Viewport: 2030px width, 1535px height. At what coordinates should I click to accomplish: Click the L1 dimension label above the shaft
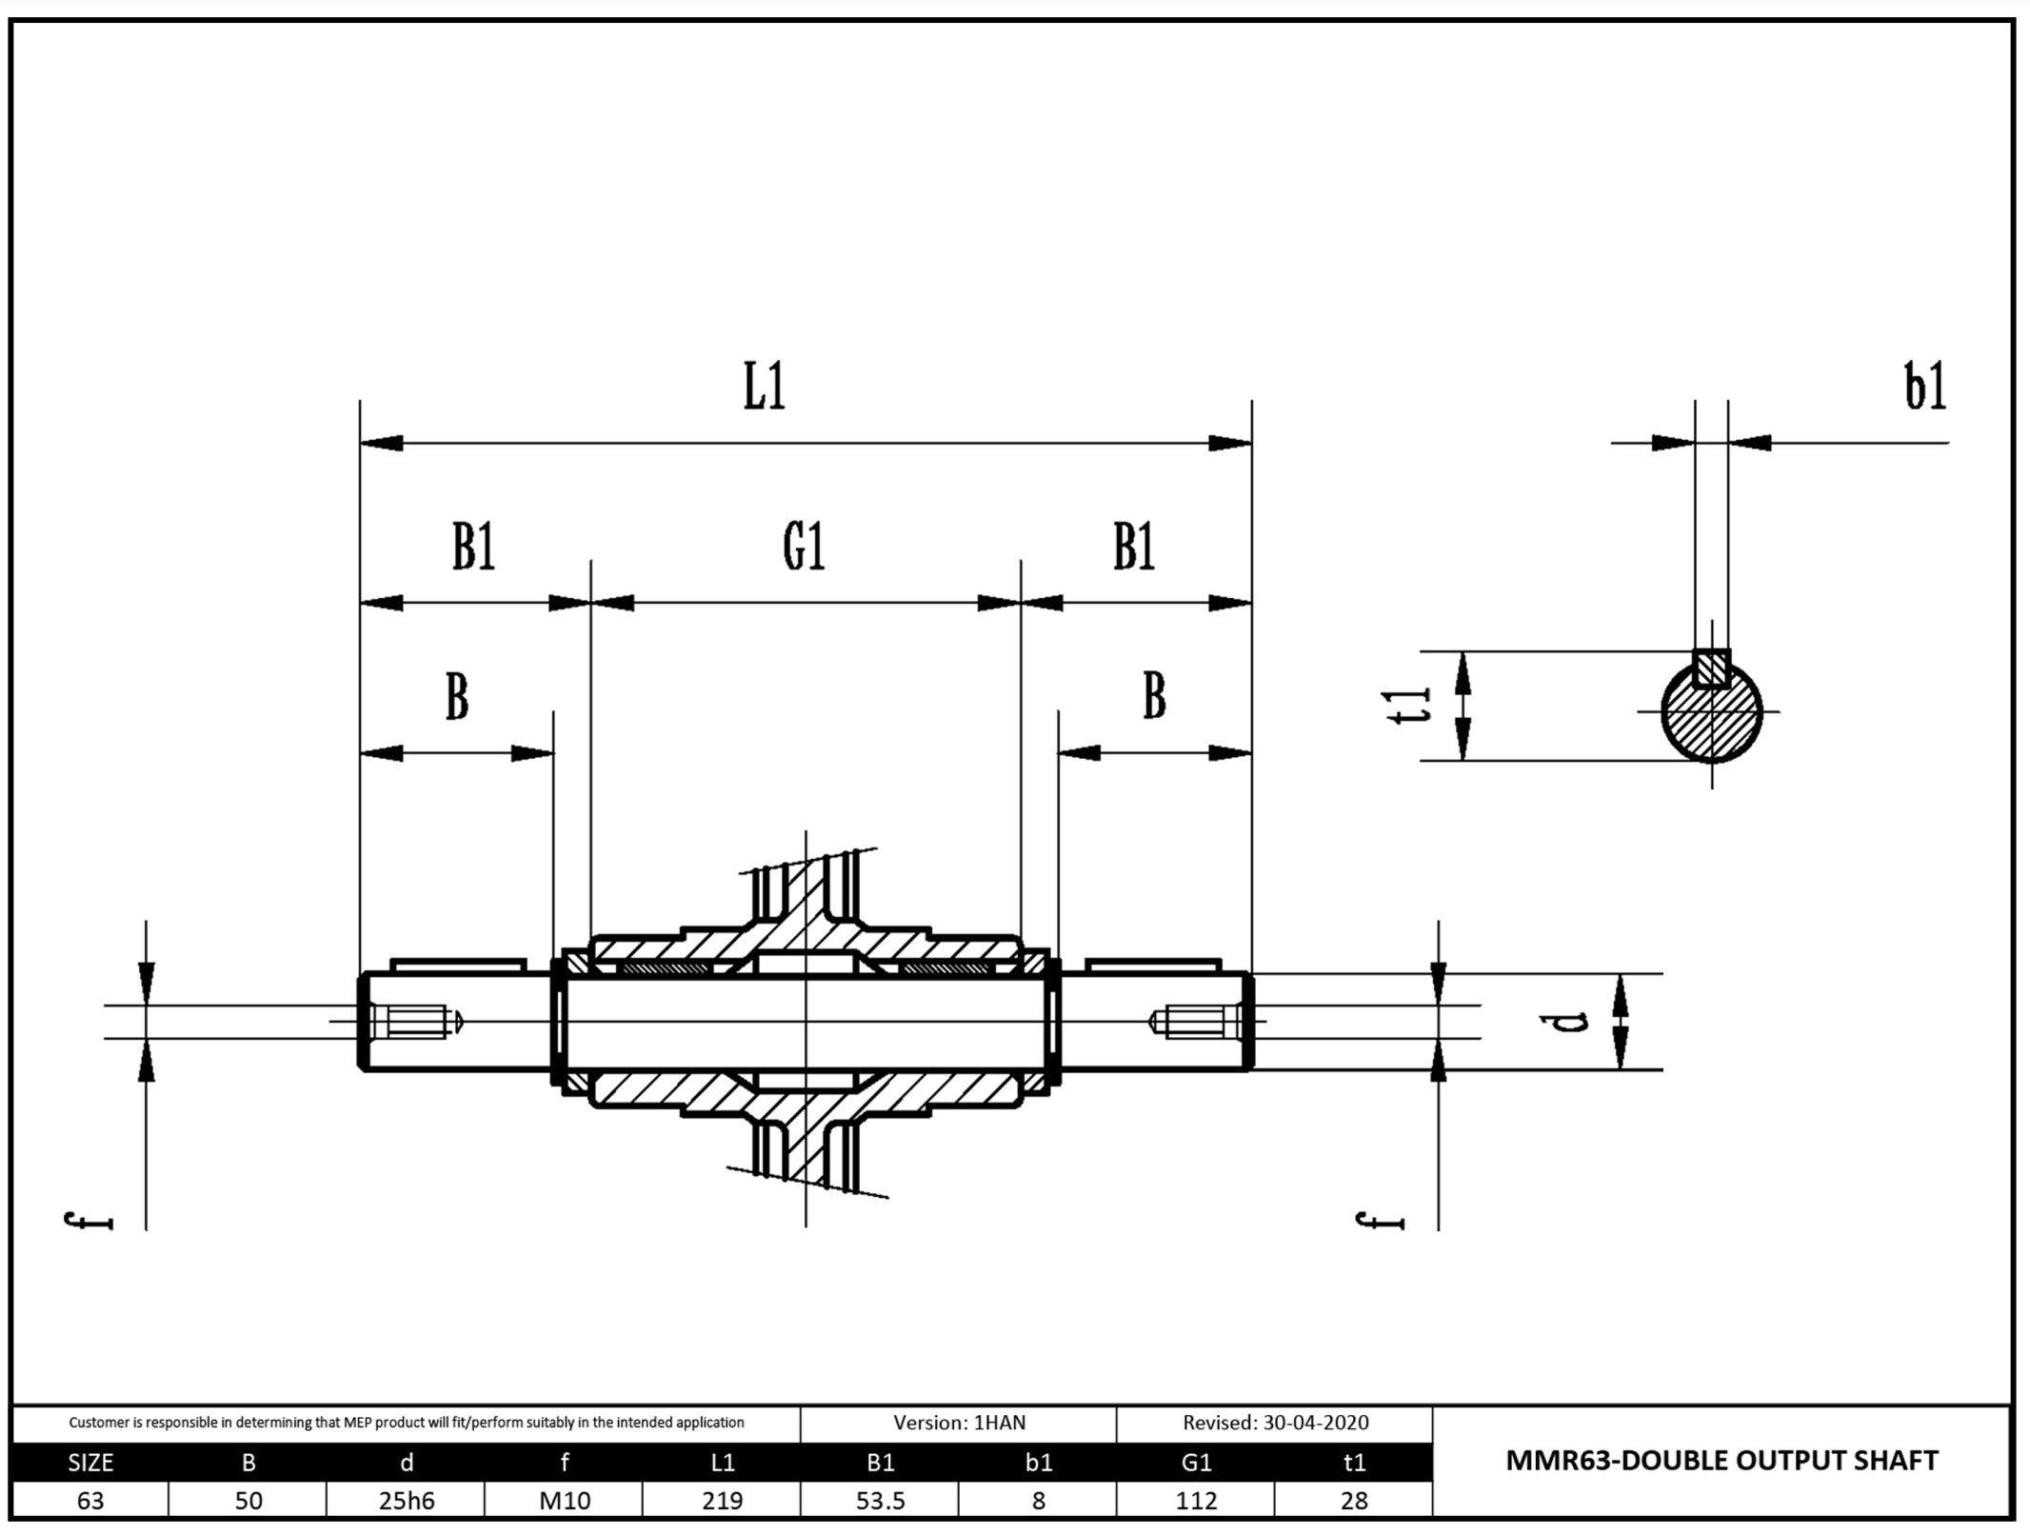(765, 388)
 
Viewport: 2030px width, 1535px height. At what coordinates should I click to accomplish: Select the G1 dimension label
(804, 548)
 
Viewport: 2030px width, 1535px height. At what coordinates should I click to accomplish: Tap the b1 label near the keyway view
(1924, 387)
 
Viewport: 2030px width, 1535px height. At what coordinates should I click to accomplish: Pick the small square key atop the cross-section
(1711, 668)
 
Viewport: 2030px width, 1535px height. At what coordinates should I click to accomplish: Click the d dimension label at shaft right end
(1575, 1022)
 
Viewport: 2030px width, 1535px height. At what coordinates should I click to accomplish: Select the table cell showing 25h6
(406, 1502)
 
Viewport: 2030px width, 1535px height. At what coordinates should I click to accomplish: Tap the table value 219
(722, 1502)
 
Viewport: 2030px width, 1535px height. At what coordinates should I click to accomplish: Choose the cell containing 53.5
(880, 1502)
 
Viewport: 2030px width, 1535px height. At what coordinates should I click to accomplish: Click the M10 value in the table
(564, 1502)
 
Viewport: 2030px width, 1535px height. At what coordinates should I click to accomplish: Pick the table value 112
(1196, 1502)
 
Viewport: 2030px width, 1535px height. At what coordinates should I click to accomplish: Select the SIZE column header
(90, 1463)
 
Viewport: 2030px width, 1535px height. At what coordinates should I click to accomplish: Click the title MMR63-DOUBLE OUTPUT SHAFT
(1722, 1461)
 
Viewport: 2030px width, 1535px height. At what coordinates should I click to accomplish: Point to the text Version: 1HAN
(959, 1423)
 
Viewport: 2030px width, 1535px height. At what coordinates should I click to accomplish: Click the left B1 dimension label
(473, 548)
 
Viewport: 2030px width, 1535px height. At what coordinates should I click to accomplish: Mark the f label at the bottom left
(88, 1221)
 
